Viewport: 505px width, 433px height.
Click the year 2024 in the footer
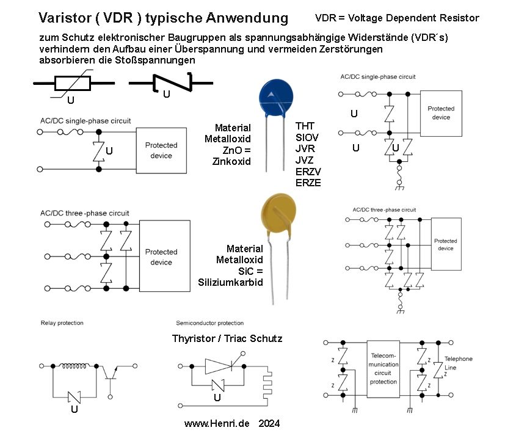269,423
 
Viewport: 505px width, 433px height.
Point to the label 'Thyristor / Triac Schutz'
227,338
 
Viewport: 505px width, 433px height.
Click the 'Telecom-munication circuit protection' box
383,368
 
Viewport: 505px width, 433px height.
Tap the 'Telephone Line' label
458,362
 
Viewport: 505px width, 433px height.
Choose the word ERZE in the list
308,182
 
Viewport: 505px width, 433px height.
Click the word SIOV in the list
307,137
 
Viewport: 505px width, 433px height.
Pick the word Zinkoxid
231,161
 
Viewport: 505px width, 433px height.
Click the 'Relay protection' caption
62,322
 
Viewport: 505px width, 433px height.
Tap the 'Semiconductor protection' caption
209,322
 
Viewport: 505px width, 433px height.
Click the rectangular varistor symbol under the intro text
73,84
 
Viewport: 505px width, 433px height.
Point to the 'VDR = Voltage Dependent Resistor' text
397,18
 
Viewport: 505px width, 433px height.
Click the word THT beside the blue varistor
305,126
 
